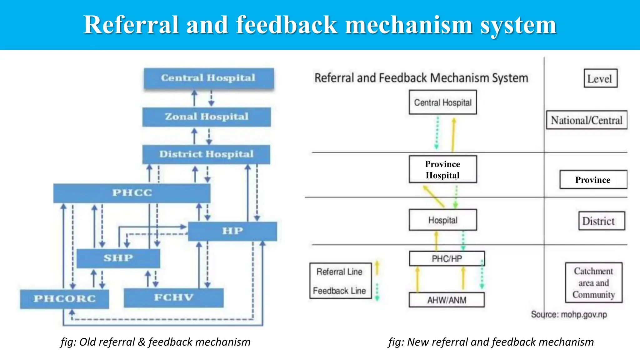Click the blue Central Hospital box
(x=208, y=78)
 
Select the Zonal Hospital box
(x=207, y=117)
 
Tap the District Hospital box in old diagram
(x=206, y=154)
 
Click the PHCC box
(x=132, y=193)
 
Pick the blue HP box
(x=232, y=231)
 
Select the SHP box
(x=118, y=258)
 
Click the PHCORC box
(x=64, y=299)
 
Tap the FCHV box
(x=173, y=298)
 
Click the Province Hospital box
(x=442, y=169)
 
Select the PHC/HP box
(x=447, y=258)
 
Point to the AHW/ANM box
(x=447, y=300)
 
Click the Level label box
(x=600, y=78)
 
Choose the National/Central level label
(x=586, y=120)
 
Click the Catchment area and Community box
(x=593, y=282)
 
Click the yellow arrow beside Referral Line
(x=377, y=268)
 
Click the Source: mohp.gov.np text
(x=569, y=314)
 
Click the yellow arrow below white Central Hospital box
(x=453, y=134)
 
